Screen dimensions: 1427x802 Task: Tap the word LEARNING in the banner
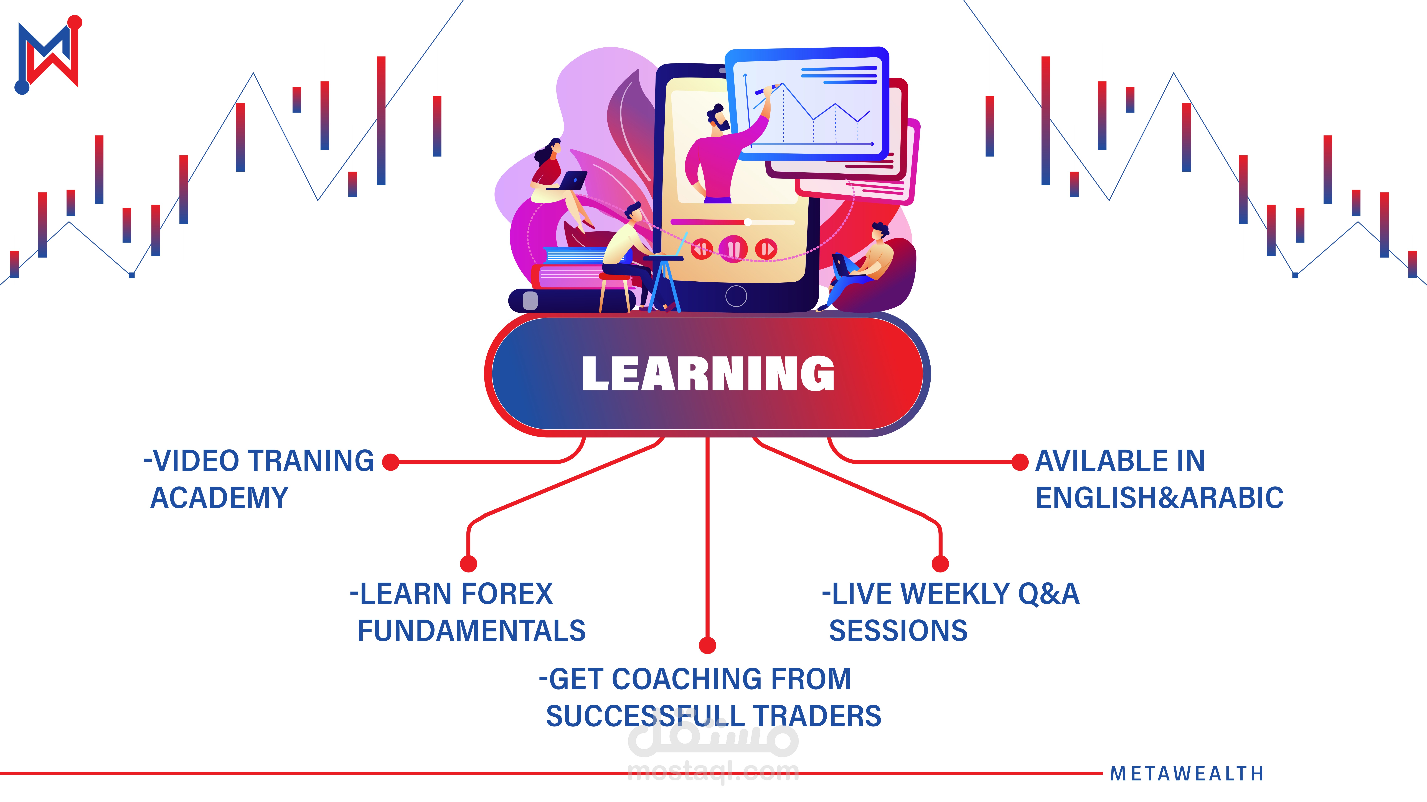[x=708, y=374]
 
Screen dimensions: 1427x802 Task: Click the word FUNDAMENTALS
[x=471, y=630]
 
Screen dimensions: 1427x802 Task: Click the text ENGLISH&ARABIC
[x=1159, y=497]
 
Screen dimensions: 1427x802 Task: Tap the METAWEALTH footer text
[x=1187, y=773]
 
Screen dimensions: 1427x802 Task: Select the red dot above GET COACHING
[x=707, y=645]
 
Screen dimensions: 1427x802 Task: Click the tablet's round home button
[x=736, y=296]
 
